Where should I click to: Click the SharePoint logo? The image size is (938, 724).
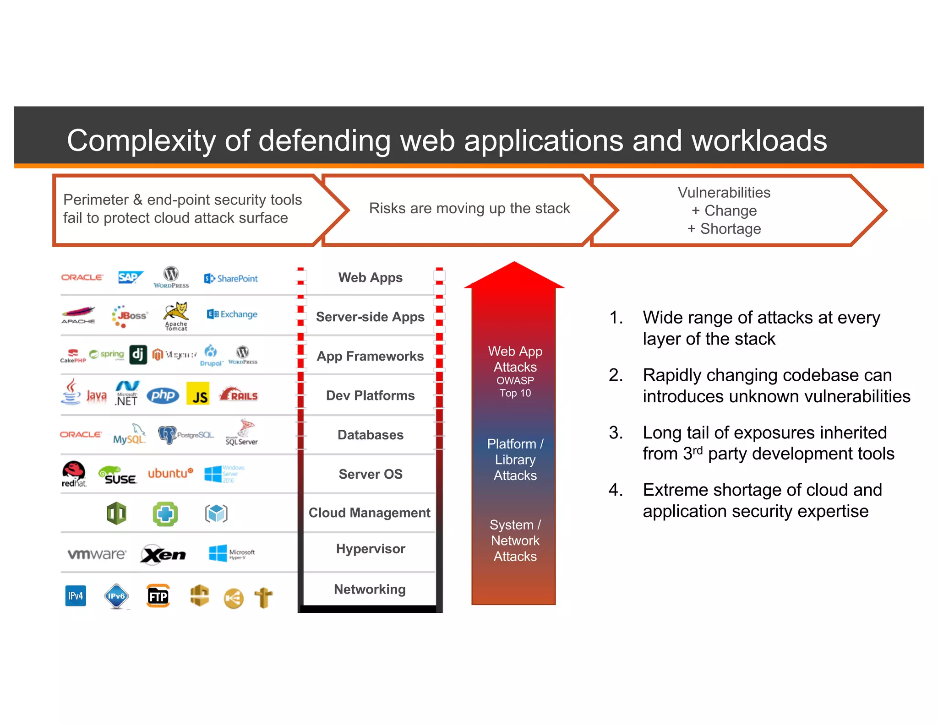pos(231,278)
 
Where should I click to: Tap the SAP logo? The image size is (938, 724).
pos(130,277)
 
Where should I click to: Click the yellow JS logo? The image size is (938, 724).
pos(198,394)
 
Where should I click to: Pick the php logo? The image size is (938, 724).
pos(163,395)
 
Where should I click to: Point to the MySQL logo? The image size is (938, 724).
pos(129,435)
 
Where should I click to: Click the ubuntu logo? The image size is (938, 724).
pos(170,473)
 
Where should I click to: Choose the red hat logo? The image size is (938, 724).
pos(74,473)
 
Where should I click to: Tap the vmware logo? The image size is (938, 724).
pos(97,554)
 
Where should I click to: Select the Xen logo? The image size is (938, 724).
pos(163,555)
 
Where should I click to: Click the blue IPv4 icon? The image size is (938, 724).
pos(76,595)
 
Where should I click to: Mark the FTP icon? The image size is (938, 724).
pos(158,596)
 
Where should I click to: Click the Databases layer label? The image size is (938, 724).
pos(370,435)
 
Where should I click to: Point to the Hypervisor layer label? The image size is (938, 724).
pos(370,549)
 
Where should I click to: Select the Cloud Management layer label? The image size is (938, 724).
pos(369,513)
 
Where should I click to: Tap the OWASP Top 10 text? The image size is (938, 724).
pos(515,387)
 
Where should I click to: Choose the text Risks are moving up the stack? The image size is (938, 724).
pos(469,208)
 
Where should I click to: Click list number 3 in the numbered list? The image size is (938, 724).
pos(615,432)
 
